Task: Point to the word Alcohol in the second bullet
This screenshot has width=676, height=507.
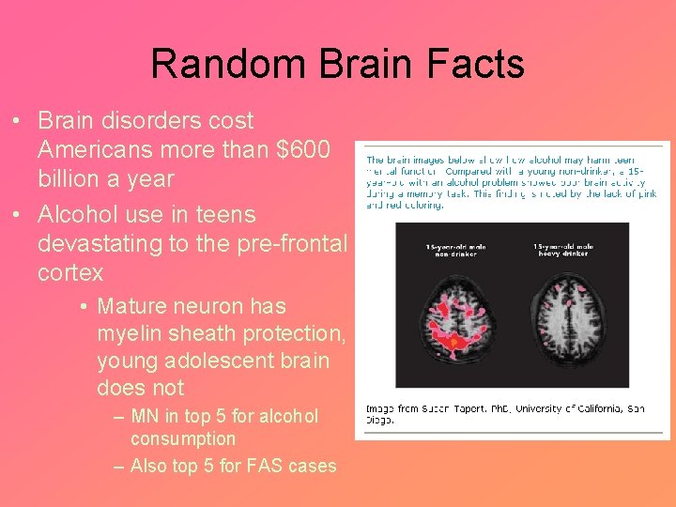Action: pyautogui.click(x=72, y=214)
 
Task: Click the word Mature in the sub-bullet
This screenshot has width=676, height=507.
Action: pyautogui.click(x=131, y=306)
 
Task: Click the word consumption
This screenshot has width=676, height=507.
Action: pyautogui.click(x=183, y=438)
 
